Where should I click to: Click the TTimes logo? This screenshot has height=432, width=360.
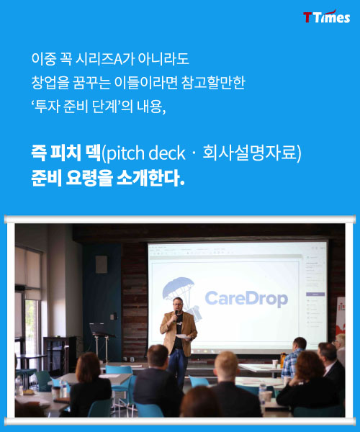click(x=327, y=17)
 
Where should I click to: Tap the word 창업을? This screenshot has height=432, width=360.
click(x=50, y=83)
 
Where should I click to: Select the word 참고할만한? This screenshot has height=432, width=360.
click(x=213, y=83)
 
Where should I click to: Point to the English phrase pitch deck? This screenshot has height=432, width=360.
click(x=145, y=153)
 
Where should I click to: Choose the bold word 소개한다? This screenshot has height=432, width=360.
click(x=150, y=179)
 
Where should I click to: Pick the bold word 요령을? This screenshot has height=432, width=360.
click(x=89, y=179)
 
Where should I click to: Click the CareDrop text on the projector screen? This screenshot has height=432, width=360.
click(x=246, y=299)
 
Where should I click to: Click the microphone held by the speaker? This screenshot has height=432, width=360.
click(x=176, y=315)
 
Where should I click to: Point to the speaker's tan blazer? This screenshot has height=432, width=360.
click(x=179, y=333)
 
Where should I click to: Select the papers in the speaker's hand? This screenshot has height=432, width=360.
click(x=183, y=336)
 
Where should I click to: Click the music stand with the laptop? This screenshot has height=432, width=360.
click(x=101, y=341)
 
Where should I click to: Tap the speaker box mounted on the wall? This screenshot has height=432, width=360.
click(x=101, y=264)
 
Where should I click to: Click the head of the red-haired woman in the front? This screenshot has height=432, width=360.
click(x=88, y=365)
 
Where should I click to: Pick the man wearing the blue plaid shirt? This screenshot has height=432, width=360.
click(x=294, y=357)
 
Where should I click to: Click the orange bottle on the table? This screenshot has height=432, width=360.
click(x=283, y=359)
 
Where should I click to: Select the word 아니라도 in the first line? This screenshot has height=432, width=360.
click(x=163, y=59)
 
